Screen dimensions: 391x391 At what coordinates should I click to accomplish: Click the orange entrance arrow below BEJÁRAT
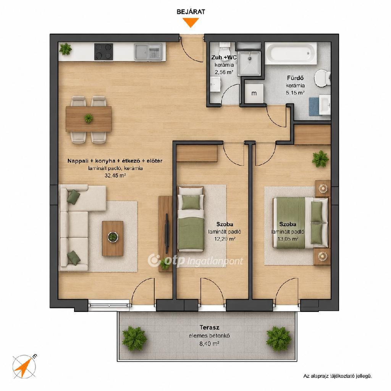coord(191,22)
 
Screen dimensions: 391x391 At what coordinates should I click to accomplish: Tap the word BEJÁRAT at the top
coord(191,12)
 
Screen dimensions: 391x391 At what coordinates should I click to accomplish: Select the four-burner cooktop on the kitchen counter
coord(103,52)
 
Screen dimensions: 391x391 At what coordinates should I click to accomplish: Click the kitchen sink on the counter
coord(149,52)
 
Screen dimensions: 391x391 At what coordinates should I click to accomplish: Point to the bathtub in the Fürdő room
coord(291,53)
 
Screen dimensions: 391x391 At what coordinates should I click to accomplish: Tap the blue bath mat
coord(314,107)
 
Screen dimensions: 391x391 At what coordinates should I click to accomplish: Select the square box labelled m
coord(254,94)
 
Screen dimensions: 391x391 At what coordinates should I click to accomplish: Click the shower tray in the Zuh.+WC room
coord(249,63)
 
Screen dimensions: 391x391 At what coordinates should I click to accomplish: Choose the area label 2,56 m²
coord(224,72)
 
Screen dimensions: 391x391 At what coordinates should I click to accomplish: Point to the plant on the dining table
coord(88,118)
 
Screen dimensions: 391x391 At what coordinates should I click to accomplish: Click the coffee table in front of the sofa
coord(113,238)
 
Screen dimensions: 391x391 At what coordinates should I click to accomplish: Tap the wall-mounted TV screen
coord(167,233)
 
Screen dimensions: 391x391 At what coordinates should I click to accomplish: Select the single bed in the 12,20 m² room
coord(191,218)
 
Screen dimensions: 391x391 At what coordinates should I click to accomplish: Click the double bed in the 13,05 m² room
coord(301,223)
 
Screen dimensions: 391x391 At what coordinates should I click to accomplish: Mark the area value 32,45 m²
coord(115,175)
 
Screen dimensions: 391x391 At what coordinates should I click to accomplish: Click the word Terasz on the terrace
coord(210,327)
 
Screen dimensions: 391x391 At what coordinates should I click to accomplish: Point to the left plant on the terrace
coord(134,338)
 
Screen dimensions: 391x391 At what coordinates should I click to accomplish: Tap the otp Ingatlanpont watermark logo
coord(195,260)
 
